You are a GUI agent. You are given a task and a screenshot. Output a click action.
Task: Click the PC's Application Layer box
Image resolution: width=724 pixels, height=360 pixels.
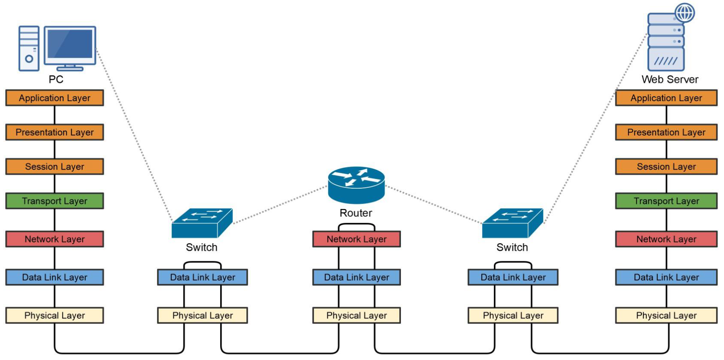[x=54, y=98]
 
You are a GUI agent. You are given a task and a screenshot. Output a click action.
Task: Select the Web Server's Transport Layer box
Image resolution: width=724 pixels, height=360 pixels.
[x=666, y=201]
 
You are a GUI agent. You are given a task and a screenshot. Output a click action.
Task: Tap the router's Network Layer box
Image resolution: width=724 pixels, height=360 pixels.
[x=356, y=239]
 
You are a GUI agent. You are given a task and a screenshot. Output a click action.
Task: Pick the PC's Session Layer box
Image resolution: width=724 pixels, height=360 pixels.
[x=54, y=167]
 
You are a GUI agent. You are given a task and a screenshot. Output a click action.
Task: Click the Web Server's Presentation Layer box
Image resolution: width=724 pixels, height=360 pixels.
[x=666, y=132]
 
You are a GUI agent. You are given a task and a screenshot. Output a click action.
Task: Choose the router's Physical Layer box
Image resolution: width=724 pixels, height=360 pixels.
[x=356, y=315]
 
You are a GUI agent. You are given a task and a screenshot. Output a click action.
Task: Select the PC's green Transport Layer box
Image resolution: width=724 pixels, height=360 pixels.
[x=54, y=201]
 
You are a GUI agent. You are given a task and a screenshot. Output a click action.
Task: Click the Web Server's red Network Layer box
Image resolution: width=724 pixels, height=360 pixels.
[x=666, y=239]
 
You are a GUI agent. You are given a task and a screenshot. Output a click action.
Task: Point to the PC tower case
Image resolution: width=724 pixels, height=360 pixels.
[x=29, y=48]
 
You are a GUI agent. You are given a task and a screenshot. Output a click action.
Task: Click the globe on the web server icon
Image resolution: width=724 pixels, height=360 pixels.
[x=685, y=13]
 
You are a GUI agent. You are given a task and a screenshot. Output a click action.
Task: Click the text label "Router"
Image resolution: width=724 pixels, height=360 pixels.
[x=356, y=213]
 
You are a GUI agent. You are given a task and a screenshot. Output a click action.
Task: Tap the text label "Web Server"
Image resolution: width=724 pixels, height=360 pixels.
[x=670, y=80]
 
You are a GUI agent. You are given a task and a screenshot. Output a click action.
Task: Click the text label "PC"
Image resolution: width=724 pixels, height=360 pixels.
[x=56, y=80]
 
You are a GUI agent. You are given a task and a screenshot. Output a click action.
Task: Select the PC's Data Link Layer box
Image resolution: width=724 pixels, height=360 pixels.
[x=54, y=277]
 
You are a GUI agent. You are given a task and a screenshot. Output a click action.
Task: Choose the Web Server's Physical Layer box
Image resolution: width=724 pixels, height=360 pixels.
[x=666, y=315]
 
